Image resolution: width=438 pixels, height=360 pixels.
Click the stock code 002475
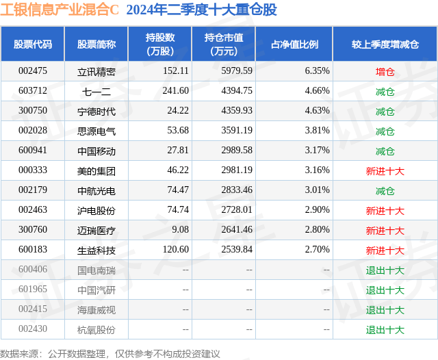33,71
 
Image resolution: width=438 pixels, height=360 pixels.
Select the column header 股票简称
96,44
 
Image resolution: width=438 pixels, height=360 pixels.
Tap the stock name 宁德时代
96,112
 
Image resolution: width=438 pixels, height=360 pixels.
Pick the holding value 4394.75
237,91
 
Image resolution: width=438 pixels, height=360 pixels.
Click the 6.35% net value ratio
317,71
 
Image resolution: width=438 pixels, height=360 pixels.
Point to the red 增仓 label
385,72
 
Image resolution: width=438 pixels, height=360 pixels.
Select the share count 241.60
175,91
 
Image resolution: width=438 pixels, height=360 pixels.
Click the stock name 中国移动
96,151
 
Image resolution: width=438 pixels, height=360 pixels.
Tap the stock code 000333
33,170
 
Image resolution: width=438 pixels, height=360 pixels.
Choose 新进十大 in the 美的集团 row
385,171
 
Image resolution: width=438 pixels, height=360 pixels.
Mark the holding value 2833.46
237,190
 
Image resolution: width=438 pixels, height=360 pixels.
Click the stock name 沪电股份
96,211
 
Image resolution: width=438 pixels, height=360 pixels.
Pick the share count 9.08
180,229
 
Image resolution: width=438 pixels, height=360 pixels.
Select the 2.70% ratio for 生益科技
317,249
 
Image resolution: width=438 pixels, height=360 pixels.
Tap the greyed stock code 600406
33,269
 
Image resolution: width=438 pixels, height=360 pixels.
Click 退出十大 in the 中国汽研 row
385,290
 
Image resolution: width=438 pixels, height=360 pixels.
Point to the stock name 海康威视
96,310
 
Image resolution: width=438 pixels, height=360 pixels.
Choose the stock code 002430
33,329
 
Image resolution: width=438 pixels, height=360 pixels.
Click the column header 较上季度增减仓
385,44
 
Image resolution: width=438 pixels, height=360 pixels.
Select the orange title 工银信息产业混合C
60,10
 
